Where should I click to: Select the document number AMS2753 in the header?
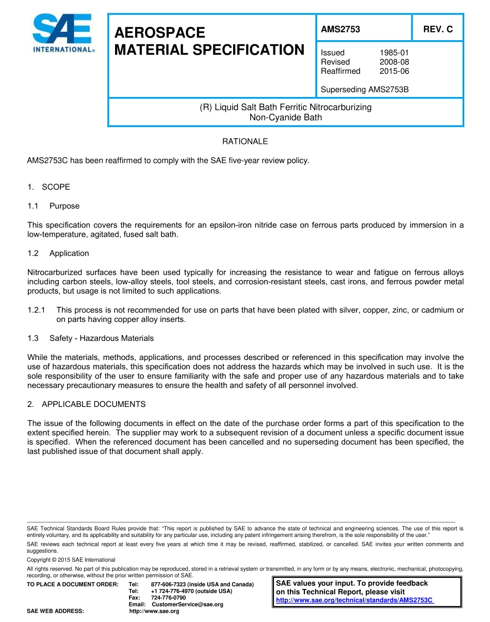(340, 29)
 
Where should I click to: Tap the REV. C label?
(438, 29)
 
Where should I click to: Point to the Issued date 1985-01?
(394, 53)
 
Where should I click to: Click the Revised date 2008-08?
(394, 62)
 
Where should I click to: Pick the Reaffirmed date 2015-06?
(394, 71)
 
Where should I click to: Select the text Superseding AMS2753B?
(365, 89)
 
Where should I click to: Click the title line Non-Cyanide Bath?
(286, 117)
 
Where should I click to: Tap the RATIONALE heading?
(245, 141)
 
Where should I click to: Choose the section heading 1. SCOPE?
(49, 187)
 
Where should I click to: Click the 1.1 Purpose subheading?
(54, 206)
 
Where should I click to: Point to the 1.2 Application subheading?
(59, 253)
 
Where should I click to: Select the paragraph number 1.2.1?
(37, 310)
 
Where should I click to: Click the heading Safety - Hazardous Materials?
(102, 338)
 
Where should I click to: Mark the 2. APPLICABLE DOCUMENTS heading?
(87, 404)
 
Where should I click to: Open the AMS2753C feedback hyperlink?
(354, 600)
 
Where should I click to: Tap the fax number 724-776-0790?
(168, 598)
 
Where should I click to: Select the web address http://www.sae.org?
(154, 611)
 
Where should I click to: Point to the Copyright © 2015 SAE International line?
(71, 560)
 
